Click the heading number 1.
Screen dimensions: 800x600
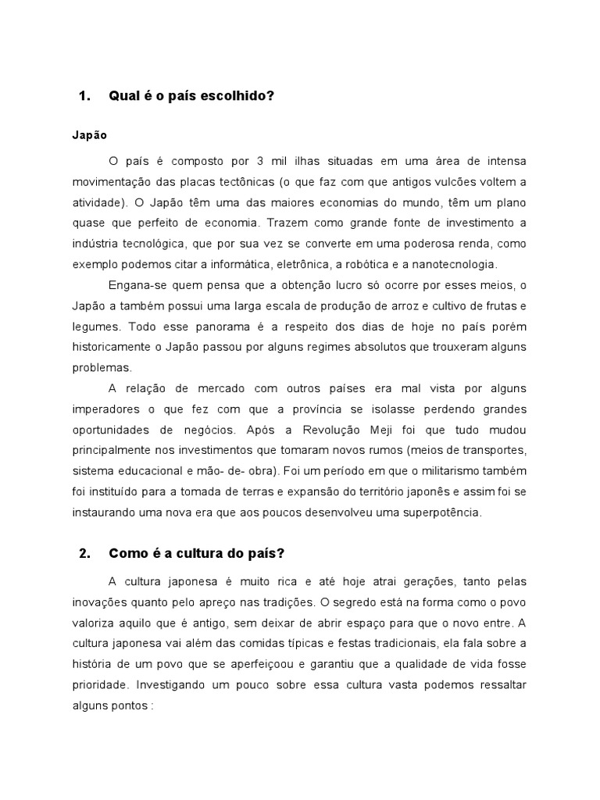click(x=85, y=96)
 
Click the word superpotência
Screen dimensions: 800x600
click(x=437, y=512)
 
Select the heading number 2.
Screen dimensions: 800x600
click(x=85, y=554)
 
